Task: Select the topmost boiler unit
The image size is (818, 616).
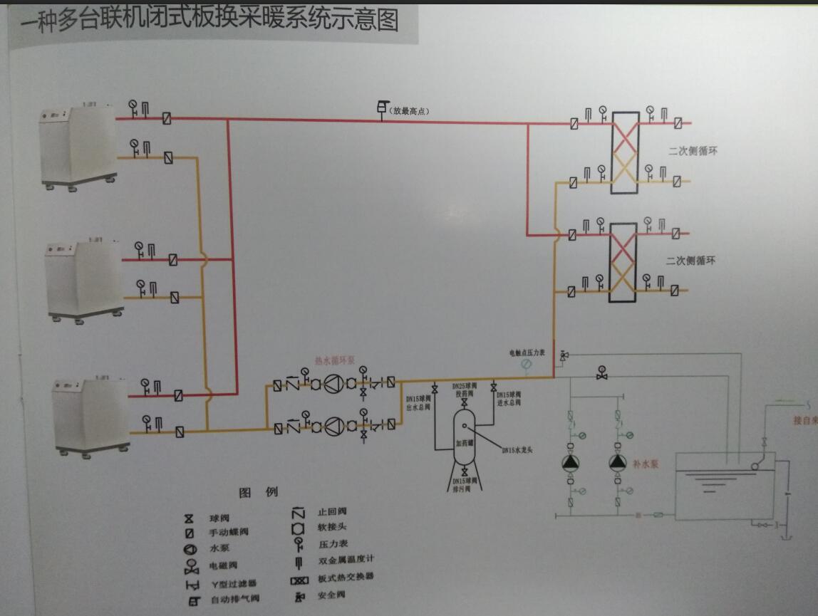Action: pyautogui.click(x=78, y=147)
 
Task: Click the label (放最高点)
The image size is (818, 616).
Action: pyautogui.click(x=409, y=111)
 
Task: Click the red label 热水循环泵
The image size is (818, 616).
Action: pyautogui.click(x=333, y=360)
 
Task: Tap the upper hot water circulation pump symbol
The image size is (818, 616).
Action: pyautogui.click(x=333, y=385)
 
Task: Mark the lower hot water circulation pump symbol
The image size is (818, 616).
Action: pyautogui.click(x=333, y=427)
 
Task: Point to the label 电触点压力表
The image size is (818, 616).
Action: pyautogui.click(x=527, y=353)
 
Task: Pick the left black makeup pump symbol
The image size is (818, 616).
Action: pyautogui.click(x=571, y=462)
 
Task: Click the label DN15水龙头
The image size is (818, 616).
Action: pyautogui.click(x=517, y=449)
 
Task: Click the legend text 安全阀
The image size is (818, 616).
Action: pyautogui.click(x=331, y=595)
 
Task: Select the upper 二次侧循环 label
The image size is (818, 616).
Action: pyautogui.click(x=691, y=151)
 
